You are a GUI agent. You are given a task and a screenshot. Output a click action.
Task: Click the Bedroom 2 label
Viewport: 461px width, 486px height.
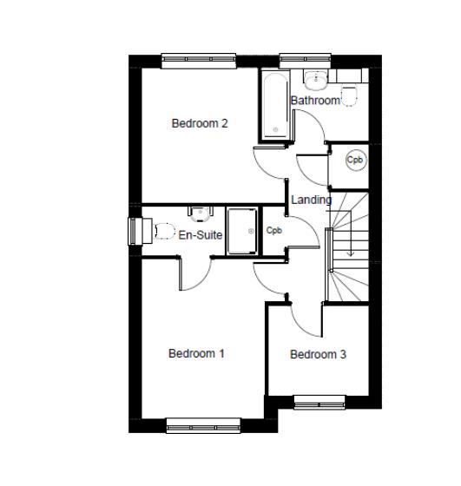(x=200, y=123)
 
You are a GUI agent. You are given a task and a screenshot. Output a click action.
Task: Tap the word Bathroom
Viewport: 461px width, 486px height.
(x=315, y=101)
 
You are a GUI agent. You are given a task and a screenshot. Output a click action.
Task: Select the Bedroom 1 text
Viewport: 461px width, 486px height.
(x=197, y=353)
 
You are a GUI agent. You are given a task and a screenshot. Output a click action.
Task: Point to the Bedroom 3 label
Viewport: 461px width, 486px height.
(x=318, y=354)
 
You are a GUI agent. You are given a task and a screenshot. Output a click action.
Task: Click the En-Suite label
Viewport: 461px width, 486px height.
(x=201, y=234)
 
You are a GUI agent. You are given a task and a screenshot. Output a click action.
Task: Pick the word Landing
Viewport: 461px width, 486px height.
(x=311, y=200)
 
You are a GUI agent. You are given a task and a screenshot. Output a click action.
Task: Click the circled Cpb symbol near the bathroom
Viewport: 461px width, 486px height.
(x=354, y=160)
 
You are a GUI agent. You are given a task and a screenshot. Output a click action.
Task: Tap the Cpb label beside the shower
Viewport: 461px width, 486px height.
(x=274, y=231)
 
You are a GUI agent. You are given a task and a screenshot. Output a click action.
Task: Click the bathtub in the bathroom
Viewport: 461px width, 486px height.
(x=274, y=106)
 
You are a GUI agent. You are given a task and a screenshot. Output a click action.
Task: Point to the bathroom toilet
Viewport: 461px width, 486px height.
(x=350, y=95)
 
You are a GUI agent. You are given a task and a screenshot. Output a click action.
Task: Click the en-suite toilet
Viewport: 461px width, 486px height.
(x=161, y=231)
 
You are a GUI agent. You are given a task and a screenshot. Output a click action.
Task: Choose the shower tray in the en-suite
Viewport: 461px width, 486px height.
(x=243, y=231)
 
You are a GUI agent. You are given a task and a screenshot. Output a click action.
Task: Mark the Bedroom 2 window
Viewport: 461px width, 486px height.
(x=199, y=59)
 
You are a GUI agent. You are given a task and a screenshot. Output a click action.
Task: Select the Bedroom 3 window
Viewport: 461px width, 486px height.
(x=319, y=401)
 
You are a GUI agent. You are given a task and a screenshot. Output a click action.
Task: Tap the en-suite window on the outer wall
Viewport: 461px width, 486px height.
(x=134, y=231)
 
